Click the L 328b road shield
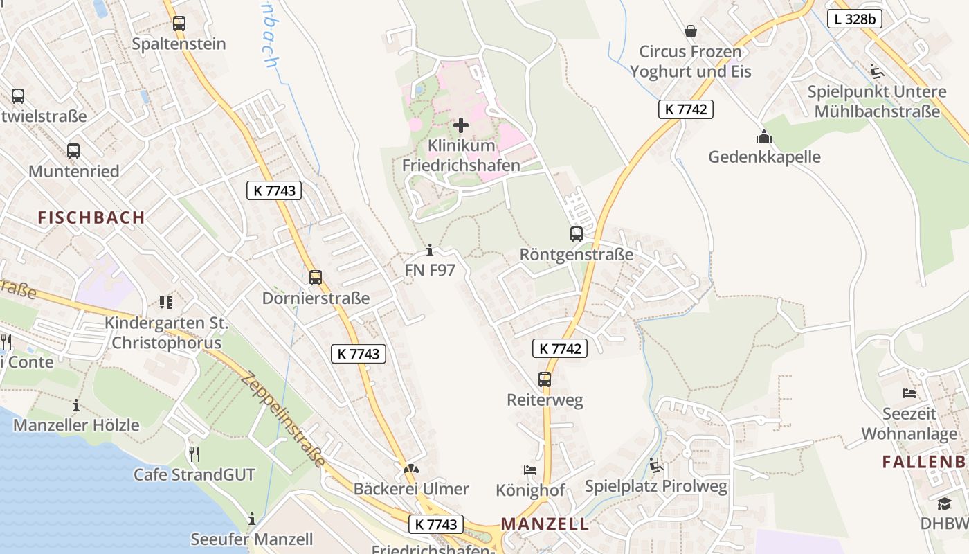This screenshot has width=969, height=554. [855, 19]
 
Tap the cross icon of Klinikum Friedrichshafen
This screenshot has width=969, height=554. [461, 125]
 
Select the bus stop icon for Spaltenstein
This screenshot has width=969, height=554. [179, 23]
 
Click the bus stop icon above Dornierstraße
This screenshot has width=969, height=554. [316, 278]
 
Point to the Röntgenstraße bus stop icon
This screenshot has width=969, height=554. [577, 234]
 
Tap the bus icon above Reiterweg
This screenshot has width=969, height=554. [545, 379]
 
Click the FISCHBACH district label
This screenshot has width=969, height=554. [91, 217]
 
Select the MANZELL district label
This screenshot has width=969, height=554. [545, 524]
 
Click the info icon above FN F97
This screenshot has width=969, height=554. [430, 250]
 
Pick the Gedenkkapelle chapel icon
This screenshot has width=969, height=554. [764, 136]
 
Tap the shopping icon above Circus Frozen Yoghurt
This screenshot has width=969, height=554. [690, 31]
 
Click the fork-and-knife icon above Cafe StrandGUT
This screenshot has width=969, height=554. [194, 454]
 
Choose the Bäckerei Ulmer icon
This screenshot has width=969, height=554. [411, 470]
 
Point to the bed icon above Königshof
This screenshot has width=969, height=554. [530, 470]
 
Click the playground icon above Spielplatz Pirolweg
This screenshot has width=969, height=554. [656, 465]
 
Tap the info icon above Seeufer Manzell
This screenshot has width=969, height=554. [252, 519]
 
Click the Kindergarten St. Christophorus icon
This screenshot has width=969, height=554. [165, 302]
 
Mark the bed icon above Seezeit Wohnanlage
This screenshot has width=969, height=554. [909, 393]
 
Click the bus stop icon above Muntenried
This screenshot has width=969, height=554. [73, 150]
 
